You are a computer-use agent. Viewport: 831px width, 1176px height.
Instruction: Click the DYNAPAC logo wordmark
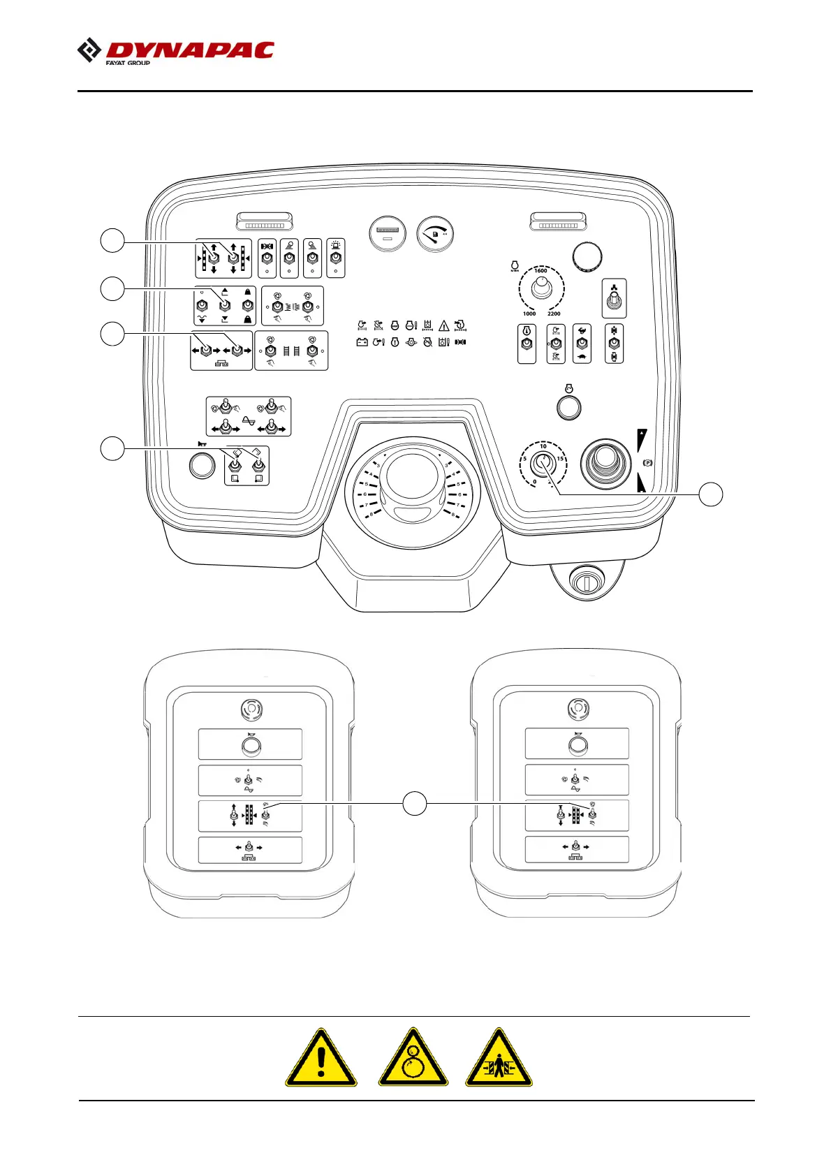[x=189, y=50]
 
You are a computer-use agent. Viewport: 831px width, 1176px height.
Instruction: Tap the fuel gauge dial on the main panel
[x=435, y=235]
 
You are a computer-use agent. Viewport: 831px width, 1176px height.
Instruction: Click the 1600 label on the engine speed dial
[x=541, y=271]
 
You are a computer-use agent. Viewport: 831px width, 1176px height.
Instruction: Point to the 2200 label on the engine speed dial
[x=554, y=314]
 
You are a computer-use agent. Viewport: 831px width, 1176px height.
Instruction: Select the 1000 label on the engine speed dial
[x=529, y=314]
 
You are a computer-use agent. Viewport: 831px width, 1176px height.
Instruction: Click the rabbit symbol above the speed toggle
[x=582, y=331]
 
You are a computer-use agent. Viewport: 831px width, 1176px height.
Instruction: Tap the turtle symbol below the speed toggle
[x=582, y=357]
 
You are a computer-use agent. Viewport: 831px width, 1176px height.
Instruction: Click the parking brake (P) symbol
[x=647, y=463]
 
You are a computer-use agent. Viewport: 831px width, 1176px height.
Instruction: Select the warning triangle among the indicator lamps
[x=443, y=325]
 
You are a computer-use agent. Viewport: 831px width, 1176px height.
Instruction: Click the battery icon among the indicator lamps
[x=362, y=342]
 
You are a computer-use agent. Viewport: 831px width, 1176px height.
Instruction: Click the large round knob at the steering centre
[x=413, y=476]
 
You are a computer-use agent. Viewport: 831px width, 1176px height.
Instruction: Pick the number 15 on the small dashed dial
[x=560, y=459]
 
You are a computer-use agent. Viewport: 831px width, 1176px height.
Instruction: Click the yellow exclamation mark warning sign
[x=321, y=1058]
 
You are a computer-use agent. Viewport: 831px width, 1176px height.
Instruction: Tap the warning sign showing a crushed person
[x=499, y=1058]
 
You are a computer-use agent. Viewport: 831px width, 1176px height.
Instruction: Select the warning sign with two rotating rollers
[x=413, y=1058]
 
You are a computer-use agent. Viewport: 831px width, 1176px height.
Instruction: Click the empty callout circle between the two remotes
[x=415, y=804]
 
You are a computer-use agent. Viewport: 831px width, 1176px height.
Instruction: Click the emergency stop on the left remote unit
[x=250, y=710]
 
